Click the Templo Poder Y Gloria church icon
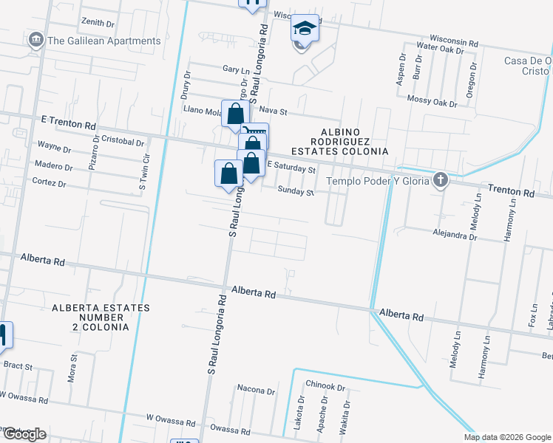(x=441, y=180)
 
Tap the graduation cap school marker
(x=305, y=29)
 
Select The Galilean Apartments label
(x=104, y=41)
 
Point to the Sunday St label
(x=296, y=191)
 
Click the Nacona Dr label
(x=256, y=389)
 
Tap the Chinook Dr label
(x=320, y=385)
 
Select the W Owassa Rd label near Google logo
(x=24, y=400)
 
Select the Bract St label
(x=18, y=365)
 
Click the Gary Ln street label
(x=234, y=69)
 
